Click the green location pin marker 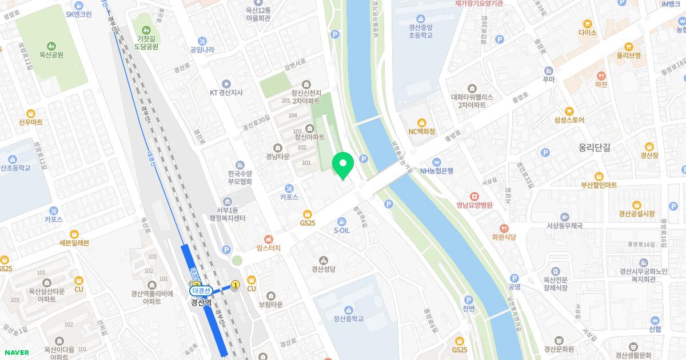343,165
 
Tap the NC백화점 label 421,131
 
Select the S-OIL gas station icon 342,221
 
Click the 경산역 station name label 201,302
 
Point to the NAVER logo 16,353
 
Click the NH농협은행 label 436,170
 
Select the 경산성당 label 323,269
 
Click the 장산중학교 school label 349,318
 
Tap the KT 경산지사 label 226,93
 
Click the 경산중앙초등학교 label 420,30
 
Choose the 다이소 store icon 587,24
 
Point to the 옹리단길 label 594,147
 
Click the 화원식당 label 504,236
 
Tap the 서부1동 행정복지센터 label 228,214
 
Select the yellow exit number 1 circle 235,284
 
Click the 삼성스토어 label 569,120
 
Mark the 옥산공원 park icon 51,46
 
